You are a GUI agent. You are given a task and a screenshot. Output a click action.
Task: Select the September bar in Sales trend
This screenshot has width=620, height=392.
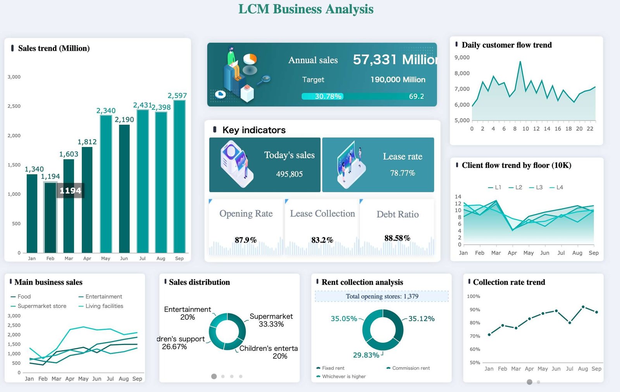coord(179,176)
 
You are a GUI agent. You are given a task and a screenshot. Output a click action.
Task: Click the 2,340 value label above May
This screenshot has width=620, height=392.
coord(106,111)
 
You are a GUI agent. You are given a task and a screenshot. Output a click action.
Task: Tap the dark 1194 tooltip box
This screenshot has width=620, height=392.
coord(70,190)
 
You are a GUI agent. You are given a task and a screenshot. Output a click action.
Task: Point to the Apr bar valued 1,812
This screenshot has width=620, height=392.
coord(87,200)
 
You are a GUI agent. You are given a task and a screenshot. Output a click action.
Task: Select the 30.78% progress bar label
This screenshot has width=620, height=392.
coord(328,96)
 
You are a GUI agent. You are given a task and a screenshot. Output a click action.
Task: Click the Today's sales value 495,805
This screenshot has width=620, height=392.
coord(289,174)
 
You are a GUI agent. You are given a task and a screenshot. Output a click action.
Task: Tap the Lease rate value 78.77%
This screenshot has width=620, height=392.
coord(402,173)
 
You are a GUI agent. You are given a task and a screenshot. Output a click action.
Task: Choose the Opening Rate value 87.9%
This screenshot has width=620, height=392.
coord(246,240)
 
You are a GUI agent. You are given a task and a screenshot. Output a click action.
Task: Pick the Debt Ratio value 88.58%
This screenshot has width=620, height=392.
coord(397,238)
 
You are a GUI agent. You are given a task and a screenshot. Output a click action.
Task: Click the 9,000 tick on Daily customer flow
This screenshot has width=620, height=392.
coord(462,57)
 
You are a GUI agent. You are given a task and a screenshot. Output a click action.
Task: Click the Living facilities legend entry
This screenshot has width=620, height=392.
coord(101,306)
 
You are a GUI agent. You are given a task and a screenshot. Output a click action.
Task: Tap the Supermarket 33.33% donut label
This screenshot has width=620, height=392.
coord(271,320)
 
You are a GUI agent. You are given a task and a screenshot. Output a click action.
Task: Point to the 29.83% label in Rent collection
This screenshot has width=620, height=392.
coord(366,355)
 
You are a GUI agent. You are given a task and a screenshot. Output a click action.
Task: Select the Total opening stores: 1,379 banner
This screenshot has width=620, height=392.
coord(382,296)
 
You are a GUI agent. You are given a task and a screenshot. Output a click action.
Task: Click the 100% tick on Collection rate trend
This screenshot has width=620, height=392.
coord(474,296)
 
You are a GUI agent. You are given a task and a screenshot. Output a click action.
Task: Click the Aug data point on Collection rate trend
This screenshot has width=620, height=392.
coord(583,307)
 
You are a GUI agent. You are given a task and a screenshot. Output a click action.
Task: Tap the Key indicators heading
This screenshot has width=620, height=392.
coord(254,130)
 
